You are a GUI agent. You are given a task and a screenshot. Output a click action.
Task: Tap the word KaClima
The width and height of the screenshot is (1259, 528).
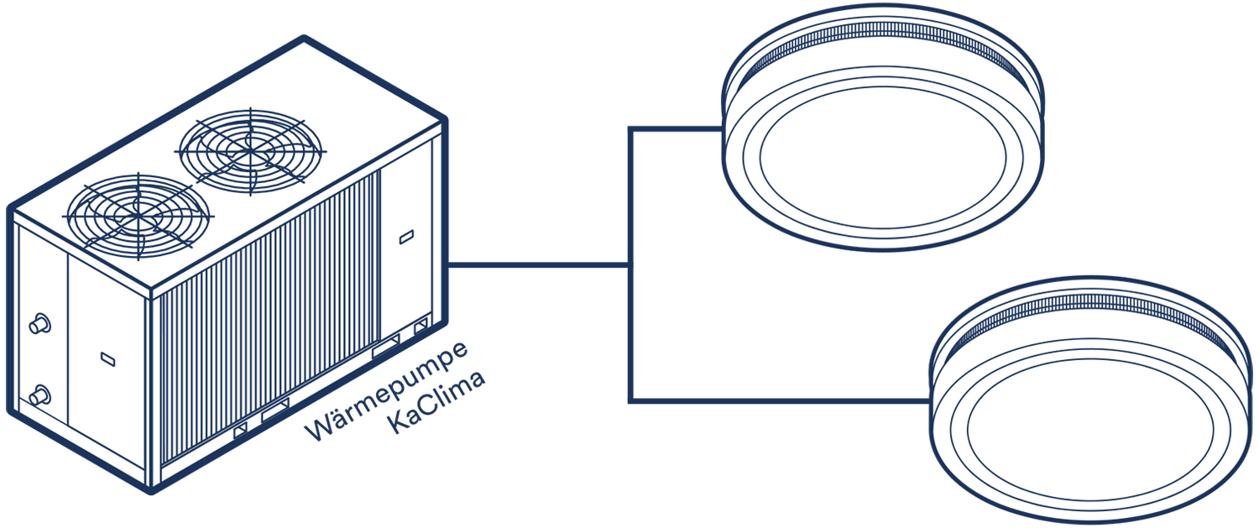(x=437, y=406)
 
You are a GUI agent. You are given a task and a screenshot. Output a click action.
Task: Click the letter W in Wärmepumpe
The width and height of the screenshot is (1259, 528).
(x=318, y=430)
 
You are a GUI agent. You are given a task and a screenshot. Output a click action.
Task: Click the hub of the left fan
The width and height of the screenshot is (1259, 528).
(x=138, y=215)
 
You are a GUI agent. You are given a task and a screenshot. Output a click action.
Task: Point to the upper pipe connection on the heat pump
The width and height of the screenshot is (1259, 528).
(x=38, y=325)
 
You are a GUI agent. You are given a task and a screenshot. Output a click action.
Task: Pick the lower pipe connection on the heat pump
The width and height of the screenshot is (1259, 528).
(x=38, y=396)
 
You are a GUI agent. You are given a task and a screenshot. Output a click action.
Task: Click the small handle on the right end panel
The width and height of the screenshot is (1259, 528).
(x=405, y=238)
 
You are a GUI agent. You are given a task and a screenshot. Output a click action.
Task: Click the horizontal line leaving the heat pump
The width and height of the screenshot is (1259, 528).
(x=537, y=265)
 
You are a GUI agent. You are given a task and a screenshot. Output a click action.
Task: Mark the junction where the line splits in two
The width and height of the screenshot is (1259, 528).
(x=629, y=265)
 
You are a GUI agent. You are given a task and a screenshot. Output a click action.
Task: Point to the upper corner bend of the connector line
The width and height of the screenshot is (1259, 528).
(x=630, y=129)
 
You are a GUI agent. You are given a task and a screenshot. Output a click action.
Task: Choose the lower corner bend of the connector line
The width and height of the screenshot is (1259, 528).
(x=630, y=400)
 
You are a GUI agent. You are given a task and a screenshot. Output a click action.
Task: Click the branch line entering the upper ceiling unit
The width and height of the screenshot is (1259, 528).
(x=676, y=129)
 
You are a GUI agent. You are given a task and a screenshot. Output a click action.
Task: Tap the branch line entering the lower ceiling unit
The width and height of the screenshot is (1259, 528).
(x=781, y=400)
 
